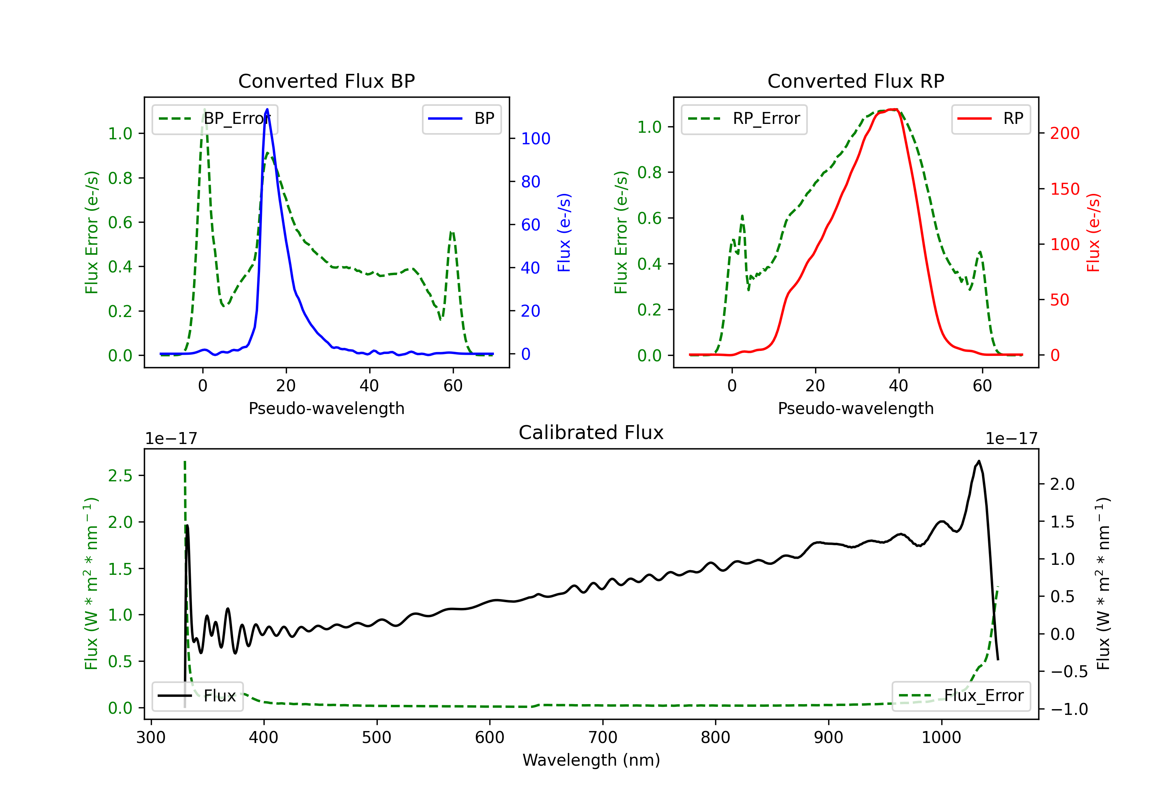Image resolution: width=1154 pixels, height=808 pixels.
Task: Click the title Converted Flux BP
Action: click(326, 81)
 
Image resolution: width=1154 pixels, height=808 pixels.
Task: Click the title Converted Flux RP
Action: click(855, 81)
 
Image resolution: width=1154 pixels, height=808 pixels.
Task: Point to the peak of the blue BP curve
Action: click(267, 109)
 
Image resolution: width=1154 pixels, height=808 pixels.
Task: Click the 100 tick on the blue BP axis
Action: click(535, 139)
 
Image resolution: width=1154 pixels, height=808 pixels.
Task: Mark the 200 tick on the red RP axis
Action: click(1064, 133)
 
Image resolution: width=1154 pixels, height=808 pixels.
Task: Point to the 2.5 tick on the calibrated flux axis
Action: click(120, 476)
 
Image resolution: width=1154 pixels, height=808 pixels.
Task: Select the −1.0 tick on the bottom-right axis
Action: click(1069, 710)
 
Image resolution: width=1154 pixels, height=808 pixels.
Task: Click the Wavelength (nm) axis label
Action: click(591, 760)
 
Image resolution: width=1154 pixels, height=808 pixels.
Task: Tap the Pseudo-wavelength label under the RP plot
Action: click(855, 408)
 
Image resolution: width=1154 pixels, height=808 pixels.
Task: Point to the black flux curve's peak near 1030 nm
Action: click(978, 461)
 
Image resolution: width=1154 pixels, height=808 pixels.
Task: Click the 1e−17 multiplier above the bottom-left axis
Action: click(171, 439)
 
